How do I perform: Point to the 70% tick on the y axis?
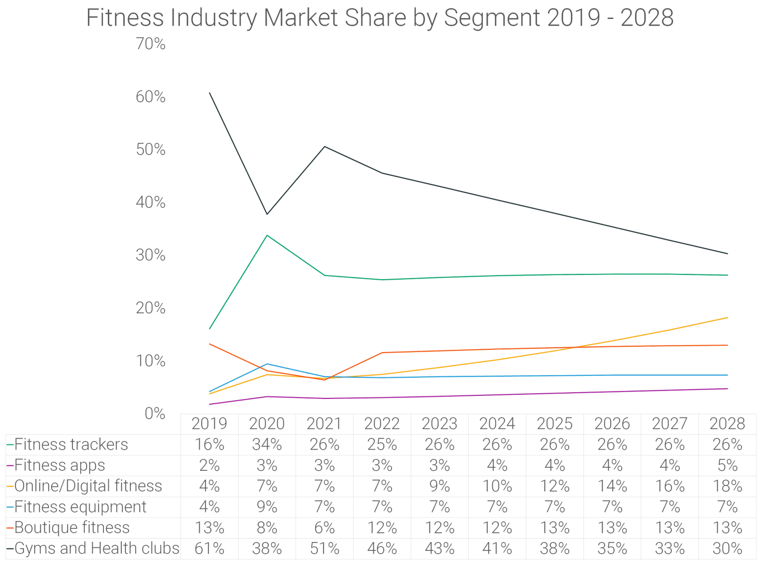click(x=150, y=44)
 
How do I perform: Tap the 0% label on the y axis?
click(x=155, y=413)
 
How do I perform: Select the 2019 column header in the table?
click(x=209, y=424)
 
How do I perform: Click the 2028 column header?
click(x=727, y=424)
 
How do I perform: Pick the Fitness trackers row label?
click(x=71, y=444)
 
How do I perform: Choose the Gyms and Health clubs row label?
click(x=97, y=548)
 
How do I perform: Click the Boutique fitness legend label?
click(x=72, y=528)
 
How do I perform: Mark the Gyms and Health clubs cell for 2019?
click(x=209, y=548)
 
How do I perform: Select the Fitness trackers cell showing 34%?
click(x=267, y=444)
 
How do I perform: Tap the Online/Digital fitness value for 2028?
click(x=727, y=486)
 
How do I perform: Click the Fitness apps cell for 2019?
click(x=209, y=465)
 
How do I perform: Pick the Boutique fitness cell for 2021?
click(x=324, y=528)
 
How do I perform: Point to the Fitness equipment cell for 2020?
click(x=267, y=507)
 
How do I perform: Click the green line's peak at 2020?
click(x=267, y=235)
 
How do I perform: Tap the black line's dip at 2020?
click(x=267, y=214)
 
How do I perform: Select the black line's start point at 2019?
click(x=210, y=93)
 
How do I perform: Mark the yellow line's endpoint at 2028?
click(x=727, y=318)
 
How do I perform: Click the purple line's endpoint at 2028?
click(x=727, y=388)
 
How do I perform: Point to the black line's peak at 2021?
click(x=325, y=147)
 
